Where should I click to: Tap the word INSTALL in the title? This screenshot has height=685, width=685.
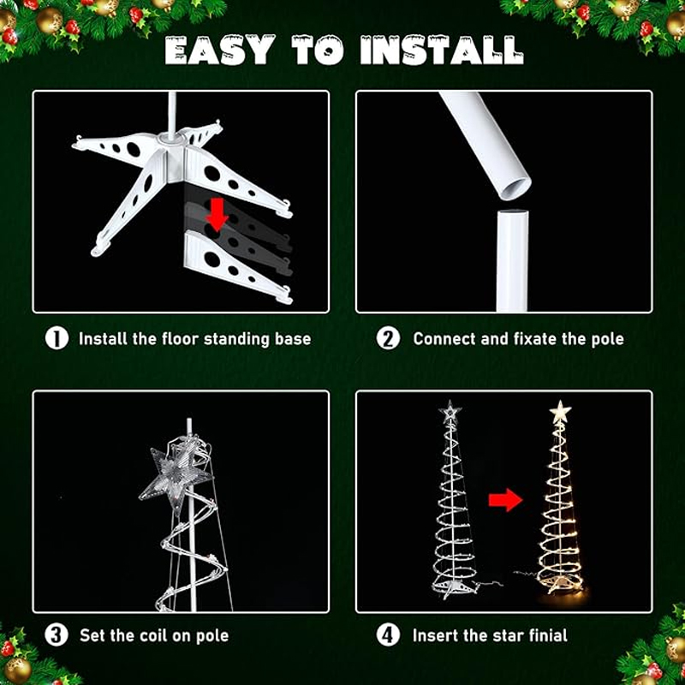(x=442, y=50)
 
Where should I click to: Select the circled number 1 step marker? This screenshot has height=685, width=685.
(x=57, y=338)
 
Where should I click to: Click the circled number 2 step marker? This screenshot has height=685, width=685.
(x=388, y=338)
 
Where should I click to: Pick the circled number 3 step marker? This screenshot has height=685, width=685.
(x=57, y=635)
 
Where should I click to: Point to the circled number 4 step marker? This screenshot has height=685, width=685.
(x=388, y=635)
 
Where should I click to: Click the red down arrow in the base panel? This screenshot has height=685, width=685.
(x=217, y=214)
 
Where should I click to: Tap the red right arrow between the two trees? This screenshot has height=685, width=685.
(x=505, y=500)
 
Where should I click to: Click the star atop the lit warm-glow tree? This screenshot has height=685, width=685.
(x=561, y=412)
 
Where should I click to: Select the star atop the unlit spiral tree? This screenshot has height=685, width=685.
(x=450, y=412)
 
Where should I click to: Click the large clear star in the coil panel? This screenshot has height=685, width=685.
(x=176, y=475)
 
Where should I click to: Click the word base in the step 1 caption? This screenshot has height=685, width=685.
(x=293, y=339)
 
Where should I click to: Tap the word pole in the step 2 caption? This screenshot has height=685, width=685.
(x=608, y=340)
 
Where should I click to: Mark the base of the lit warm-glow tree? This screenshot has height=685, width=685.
(x=561, y=585)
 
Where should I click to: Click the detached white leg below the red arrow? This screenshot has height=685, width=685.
(x=238, y=266)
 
